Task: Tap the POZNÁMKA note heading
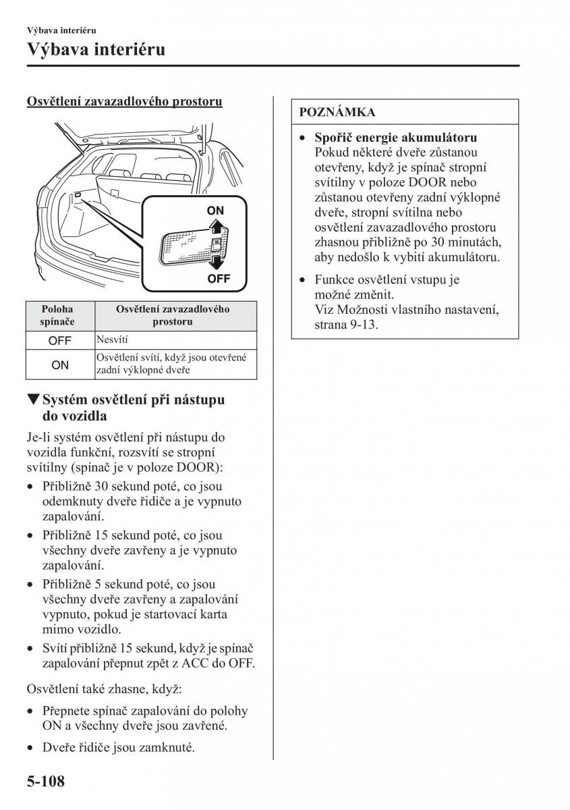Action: pos(337,112)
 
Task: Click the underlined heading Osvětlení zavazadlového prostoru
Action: pos(125,102)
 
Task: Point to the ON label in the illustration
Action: pos(215,211)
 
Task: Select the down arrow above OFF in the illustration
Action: pos(215,260)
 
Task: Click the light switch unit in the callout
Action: pos(192,246)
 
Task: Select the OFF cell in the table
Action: pos(59,341)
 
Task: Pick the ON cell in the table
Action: pos(59,364)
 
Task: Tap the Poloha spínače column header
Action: pos(57,315)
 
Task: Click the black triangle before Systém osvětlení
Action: pos(32,400)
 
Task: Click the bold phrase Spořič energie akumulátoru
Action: pos(396,137)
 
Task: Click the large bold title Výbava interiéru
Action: pos(96,49)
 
